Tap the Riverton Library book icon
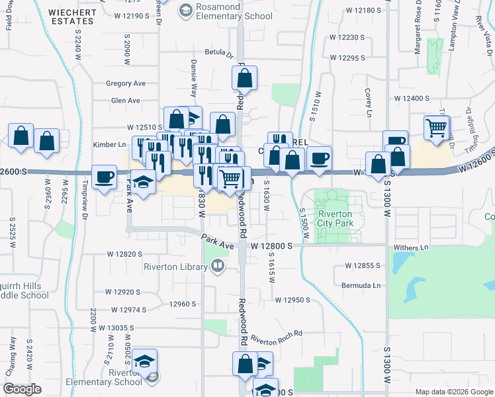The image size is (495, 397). (218, 266)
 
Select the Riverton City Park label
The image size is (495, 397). (336, 218)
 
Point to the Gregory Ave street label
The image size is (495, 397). (125, 84)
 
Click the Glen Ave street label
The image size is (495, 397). (126, 101)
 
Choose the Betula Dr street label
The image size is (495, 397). (219, 52)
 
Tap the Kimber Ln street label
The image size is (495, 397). (109, 144)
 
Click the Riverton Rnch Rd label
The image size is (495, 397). (276, 337)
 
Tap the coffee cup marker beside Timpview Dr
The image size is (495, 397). (105, 177)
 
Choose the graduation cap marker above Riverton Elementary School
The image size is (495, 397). (145, 361)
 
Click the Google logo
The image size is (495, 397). (22, 389)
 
